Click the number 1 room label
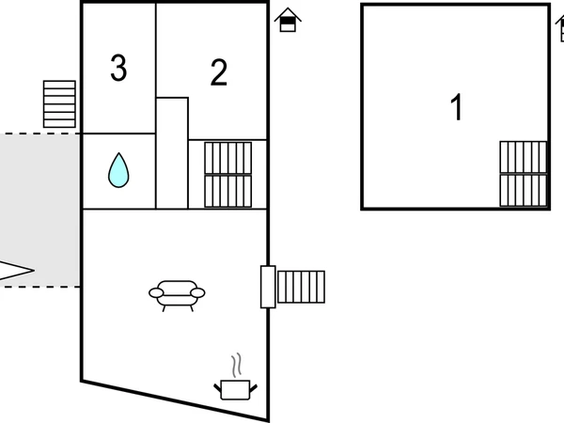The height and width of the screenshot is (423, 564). [457, 108]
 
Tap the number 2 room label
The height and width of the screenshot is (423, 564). [219, 73]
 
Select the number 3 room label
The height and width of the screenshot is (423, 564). [118, 69]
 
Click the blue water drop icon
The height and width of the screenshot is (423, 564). [118, 170]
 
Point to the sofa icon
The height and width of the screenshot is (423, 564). [177, 294]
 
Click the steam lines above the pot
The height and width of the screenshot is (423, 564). [237, 364]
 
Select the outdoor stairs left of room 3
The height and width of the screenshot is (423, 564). [59, 103]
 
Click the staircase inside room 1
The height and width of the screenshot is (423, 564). [523, 174]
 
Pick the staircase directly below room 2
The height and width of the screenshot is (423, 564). [227, 175]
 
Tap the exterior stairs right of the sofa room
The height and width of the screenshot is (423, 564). [301, 287]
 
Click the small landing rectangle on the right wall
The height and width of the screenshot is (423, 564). [268, 287]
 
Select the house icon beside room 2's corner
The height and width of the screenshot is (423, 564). [289, 20]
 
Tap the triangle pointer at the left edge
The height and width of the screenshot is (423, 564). [15, 271]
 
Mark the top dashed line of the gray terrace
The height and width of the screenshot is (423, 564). [38, 133]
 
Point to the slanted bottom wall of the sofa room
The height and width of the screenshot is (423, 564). [174, 400]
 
